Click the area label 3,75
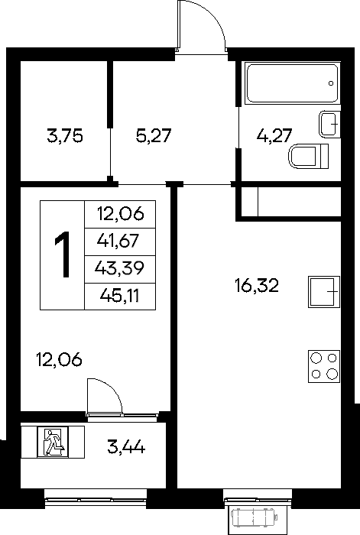coord(65,136)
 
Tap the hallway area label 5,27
coord(153,136)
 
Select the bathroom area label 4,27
coord(274,135)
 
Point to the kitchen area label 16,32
coord(257,285)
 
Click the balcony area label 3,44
coord(126,446)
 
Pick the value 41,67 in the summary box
coord(118,241)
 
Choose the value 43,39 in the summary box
coord(119,268)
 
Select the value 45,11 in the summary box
coord(120,296)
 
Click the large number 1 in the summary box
coord(63,255)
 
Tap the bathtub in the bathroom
coord(293,83)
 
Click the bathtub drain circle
coord(331,83)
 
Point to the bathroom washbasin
coord(330,124)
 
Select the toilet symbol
coord(309,156)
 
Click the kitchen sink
coord(324,292)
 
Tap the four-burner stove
coord(324,366)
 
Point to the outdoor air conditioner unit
coord(255,517)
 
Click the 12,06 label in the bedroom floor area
coord(59,360)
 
